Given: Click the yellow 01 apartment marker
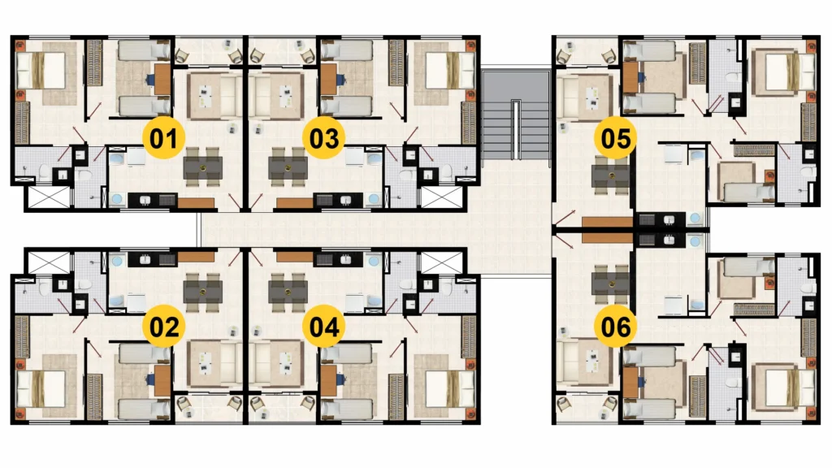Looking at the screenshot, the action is coord(164,138).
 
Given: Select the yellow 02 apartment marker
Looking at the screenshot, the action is coord(164,326).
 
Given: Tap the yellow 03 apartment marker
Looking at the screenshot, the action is coord(323,138).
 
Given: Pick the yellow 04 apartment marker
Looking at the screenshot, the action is coord(323,326).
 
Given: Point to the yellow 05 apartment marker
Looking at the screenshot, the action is coord(616,138).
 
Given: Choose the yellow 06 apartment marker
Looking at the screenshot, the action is coord(616,326).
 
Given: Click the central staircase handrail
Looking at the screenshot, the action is coord(515,129).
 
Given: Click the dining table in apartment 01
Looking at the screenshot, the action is coord(202,167).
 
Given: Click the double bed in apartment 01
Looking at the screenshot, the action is coord(41,70).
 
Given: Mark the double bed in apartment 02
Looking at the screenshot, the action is coord(41,389).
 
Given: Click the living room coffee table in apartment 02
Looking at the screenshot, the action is coord(206,363).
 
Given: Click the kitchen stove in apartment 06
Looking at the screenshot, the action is coord(647,240).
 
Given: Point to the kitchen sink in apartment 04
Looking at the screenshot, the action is coord(346,260).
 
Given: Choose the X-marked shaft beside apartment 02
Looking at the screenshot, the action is coord(49,262).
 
